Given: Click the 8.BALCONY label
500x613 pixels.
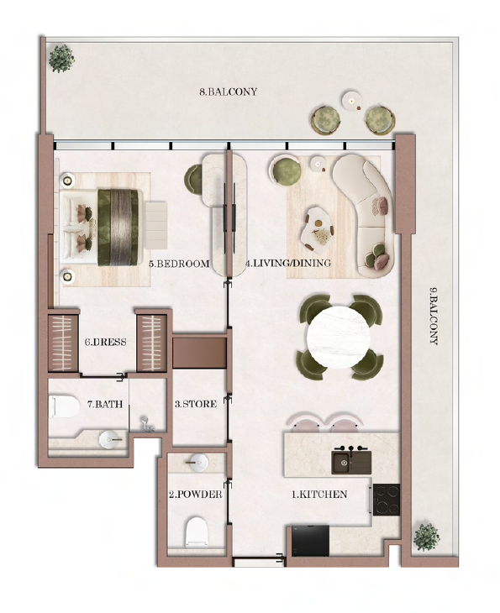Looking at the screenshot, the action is (228, 92).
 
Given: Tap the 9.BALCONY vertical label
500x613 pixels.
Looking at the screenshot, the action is (433, 316).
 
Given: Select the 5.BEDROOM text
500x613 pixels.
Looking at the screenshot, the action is (179, 264).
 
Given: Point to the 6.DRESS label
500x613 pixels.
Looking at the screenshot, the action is (106, 342).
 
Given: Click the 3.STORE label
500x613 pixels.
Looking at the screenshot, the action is (196, 404).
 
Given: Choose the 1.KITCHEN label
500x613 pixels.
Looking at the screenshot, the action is (319, 495).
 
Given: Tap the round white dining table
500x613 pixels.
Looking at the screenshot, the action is (339, 338).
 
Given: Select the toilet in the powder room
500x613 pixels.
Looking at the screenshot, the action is (196, 532).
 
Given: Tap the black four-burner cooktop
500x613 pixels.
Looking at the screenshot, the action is (387, 500).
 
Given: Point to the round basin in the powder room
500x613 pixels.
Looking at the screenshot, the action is (197, 463).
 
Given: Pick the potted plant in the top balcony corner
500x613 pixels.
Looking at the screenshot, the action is (62, 58).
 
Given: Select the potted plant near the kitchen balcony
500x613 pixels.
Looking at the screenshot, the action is (427, 537).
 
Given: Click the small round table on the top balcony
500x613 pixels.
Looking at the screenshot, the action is (351, 101).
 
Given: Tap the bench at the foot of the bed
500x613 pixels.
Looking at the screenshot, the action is (156, 226).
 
